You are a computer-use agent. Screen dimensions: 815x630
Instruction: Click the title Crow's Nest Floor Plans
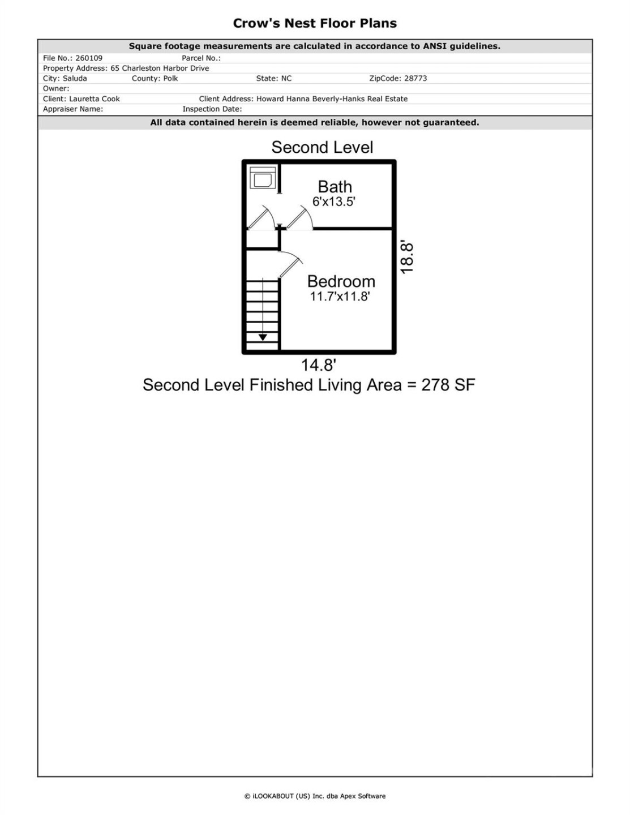tap(315, 23)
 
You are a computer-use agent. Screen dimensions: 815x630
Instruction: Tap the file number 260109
tap(89, 58)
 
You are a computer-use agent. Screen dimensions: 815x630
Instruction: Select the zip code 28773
tap(415, 78)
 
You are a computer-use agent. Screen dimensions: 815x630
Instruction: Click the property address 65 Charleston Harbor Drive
tap(160, 68)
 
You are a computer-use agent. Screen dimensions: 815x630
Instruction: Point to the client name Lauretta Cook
tap(95, 98)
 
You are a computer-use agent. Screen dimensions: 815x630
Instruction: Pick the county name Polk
tap(170, 78)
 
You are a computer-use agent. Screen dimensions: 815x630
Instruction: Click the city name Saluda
tap(75, 78)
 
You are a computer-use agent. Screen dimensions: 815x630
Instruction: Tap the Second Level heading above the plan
tap(322, 147)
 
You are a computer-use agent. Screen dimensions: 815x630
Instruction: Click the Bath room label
tap(335, 186)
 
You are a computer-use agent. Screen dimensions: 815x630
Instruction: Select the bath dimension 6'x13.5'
tap(334, 201)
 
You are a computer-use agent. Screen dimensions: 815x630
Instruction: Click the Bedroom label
tap(341, 281)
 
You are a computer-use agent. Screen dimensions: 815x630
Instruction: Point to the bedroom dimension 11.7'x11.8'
tap(340, 296)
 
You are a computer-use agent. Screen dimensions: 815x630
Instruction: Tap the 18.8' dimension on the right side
tap(408, 258)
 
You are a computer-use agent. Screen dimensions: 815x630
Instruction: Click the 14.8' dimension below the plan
tap(319, 365)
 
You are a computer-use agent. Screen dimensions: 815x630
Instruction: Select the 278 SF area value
tap(448, 385)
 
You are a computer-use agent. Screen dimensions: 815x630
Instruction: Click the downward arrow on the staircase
tap(263, 337)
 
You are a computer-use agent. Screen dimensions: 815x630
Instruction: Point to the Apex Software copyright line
tap(315, 796)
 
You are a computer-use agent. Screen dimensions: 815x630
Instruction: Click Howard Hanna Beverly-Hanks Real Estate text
tap(332, 98)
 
